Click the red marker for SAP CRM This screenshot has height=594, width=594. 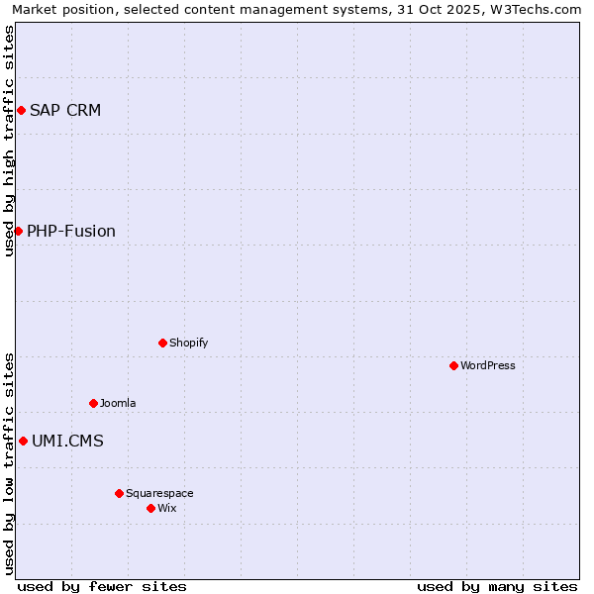click(21, 110)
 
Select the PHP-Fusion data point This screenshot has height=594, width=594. click(18, 231)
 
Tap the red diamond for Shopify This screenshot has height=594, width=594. click(162, 343)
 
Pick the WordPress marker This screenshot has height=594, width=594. click(453, 365)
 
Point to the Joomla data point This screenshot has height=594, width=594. click(93, 403)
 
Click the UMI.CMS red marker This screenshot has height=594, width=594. click(23, 441)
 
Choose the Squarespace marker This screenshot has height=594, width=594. click(119, 493)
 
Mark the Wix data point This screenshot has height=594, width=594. click(150, 508)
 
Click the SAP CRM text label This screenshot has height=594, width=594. click(65, 110)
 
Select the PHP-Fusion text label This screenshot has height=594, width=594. click(71, 231)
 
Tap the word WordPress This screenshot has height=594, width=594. click(488, 365)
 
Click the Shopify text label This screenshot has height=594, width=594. click(188, 343)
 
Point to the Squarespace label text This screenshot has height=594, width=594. click(159, 493)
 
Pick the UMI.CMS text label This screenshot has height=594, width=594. click(67, 441)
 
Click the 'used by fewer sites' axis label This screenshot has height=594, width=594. click(102, 586)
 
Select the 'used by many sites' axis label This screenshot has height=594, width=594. click(497, 586)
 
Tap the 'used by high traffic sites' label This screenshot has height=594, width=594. click(9, 141)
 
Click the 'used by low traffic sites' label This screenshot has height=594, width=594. click(9, 463)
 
